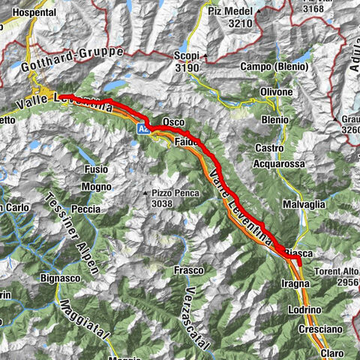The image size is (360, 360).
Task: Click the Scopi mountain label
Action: point(185,55)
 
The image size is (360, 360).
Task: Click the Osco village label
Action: point(172,122)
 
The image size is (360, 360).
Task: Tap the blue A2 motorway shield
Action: point(142,130)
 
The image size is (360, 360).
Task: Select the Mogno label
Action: point(97,187)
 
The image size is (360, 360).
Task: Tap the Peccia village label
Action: point(86,209)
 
